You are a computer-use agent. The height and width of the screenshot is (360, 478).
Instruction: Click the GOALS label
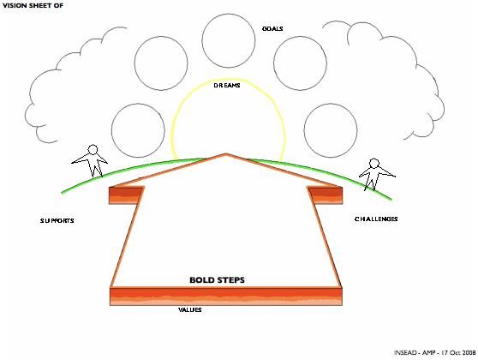(272, 28)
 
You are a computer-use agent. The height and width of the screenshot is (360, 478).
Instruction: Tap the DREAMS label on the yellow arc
(227, 86)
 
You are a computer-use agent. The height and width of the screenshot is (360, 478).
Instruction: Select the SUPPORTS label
(57, 220)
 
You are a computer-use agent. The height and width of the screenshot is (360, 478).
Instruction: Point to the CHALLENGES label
(376, 219)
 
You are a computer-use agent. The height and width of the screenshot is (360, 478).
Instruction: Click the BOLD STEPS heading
(217, 280)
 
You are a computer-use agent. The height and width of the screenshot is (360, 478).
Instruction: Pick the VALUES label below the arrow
(190, 310)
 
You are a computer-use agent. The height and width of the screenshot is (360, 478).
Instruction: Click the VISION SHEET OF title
(33, 5)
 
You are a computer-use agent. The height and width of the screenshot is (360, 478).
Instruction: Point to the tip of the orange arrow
(226, 153)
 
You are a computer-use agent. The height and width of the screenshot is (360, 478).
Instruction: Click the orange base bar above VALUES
(226, 297)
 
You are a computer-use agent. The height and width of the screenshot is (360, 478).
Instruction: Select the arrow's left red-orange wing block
(126, 195)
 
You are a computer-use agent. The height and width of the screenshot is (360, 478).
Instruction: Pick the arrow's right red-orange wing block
(326, 195)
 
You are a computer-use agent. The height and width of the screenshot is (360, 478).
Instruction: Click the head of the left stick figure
(93, 149)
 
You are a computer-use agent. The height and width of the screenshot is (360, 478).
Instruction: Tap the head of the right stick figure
(374, 163)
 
